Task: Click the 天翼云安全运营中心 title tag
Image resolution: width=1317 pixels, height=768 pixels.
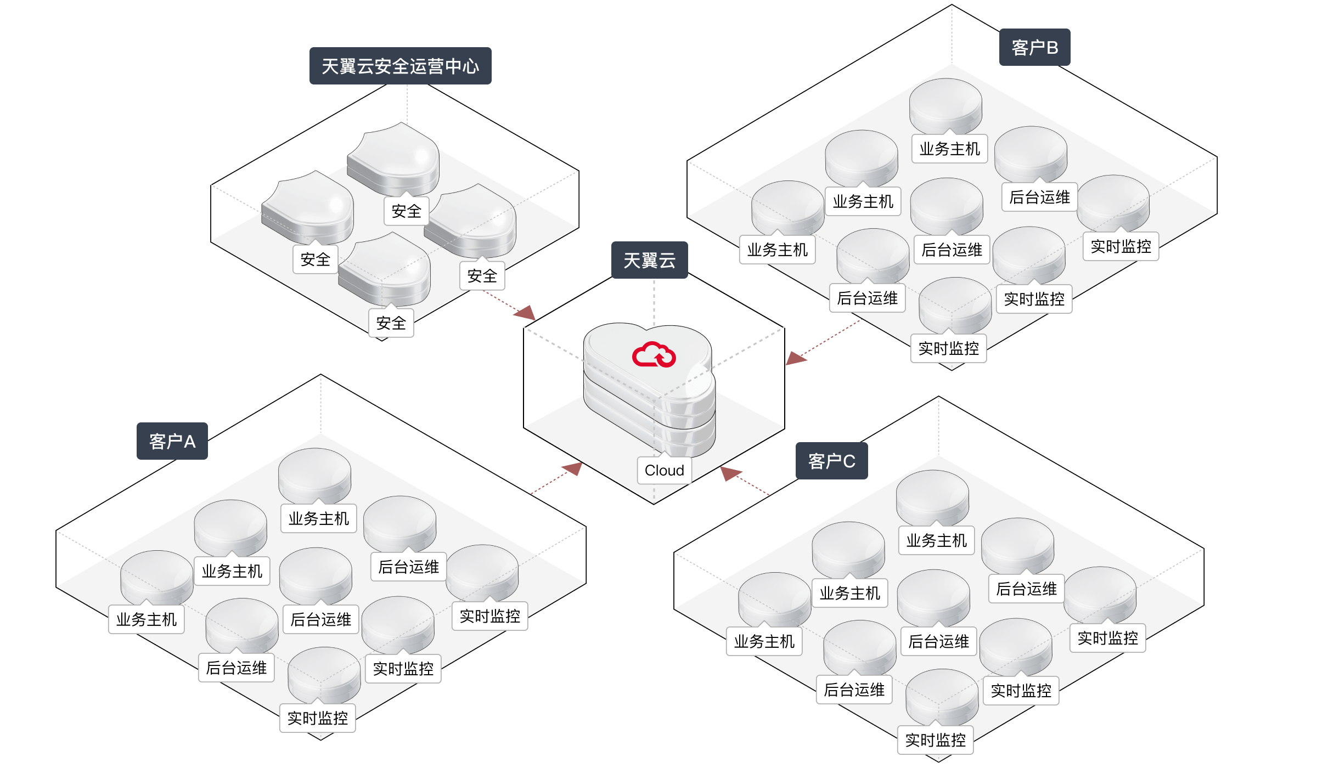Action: pos(400,66)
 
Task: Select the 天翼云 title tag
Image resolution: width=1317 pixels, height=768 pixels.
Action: pos(649,261)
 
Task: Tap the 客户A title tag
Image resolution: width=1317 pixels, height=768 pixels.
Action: pos(172,442)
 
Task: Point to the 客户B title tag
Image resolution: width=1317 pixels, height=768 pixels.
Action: pos(1034,48)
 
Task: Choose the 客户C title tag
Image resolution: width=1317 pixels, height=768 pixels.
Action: pos(831,461)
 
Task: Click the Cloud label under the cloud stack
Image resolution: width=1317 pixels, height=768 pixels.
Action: pos(664,471)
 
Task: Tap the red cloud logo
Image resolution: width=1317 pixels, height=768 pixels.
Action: pos(654,355)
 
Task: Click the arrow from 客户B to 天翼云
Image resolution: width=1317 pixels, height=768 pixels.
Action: pos(823,343)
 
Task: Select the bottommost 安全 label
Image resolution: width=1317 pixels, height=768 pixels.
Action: pos(391,323)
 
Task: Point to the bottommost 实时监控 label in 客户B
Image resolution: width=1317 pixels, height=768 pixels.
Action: pos(948,348)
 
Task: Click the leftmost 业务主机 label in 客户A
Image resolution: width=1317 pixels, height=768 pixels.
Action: pos(146,620)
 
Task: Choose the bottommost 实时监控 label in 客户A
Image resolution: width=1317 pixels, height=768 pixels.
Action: pos(317,719)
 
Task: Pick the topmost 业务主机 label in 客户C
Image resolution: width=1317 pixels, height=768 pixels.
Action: pos(936,541)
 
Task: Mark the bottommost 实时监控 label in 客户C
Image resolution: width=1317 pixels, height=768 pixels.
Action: pos(935,741)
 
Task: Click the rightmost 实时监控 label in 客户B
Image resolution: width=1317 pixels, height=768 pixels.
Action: pos(1121,247)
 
